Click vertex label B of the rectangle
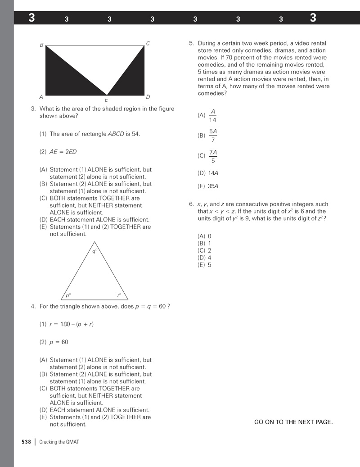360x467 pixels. pyautogui.click(x=41, y=45)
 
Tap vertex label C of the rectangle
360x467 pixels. pyautogui.click(x=148, y=44)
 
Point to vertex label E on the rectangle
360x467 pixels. pyautogui.click(x=106, y=100)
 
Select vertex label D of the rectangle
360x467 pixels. pyautogui.click(x=148, y=97)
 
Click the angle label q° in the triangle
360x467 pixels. pyautogui.click(x=94, y=251)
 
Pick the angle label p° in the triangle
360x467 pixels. pyautogui.click(x=68, y=295)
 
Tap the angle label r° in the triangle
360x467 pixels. pyautogui.click(x=119, y=295)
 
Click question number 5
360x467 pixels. pyautogui.click(x=191, y=44)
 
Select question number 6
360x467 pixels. pyautogui.click(x=191, y=204)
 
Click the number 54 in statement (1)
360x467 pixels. pyautogui.click(x=136, y=134)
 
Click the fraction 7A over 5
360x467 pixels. pyautogui.click(x=213, y=156)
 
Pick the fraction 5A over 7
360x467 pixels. pyautogui.click(x=213, y=135)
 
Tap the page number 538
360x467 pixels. pyautogui.click(x=26, y=442)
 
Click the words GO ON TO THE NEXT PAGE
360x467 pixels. pyautogui.click(x=293, y=422)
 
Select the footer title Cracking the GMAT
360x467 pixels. pyautogui.click(x=59, y=442)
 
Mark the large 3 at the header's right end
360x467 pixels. pyautogui.click(x=313, y=18)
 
